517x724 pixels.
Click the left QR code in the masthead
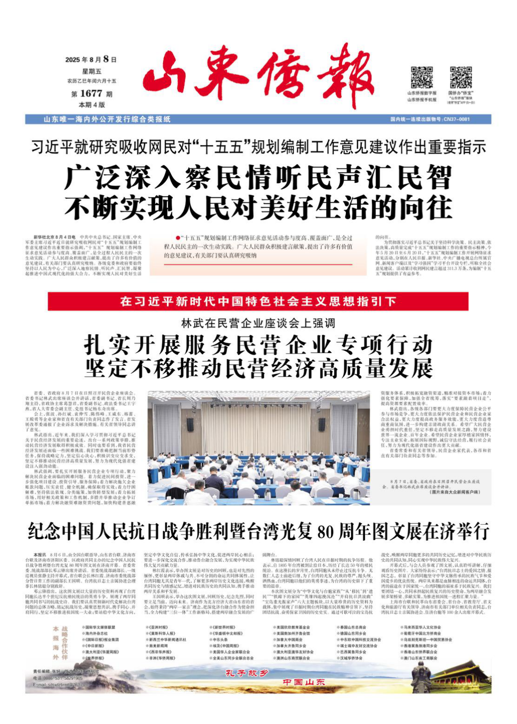click(x=422, y=77)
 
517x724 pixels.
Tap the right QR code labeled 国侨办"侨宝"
click(x=461, y=77)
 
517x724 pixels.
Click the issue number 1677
click(x=91, y=93)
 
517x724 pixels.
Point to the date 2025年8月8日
click(x=91, y=59)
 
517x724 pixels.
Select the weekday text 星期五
click(x=91, y=71)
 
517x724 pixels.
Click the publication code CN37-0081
click(x=457, y=119)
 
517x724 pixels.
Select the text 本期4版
click(x=91, y=105)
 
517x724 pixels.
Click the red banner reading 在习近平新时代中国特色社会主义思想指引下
click(x=258, y=301)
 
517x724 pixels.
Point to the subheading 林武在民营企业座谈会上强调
click(x=258, y=323)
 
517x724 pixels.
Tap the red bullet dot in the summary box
click(x=177, y=238)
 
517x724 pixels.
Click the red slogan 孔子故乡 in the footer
click(x=246, y=673)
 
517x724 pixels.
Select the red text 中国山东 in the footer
click(x=303, y=682)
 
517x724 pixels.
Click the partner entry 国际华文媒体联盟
click(x=101, y=628)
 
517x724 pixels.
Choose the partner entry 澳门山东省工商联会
click(x=421, y=658)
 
